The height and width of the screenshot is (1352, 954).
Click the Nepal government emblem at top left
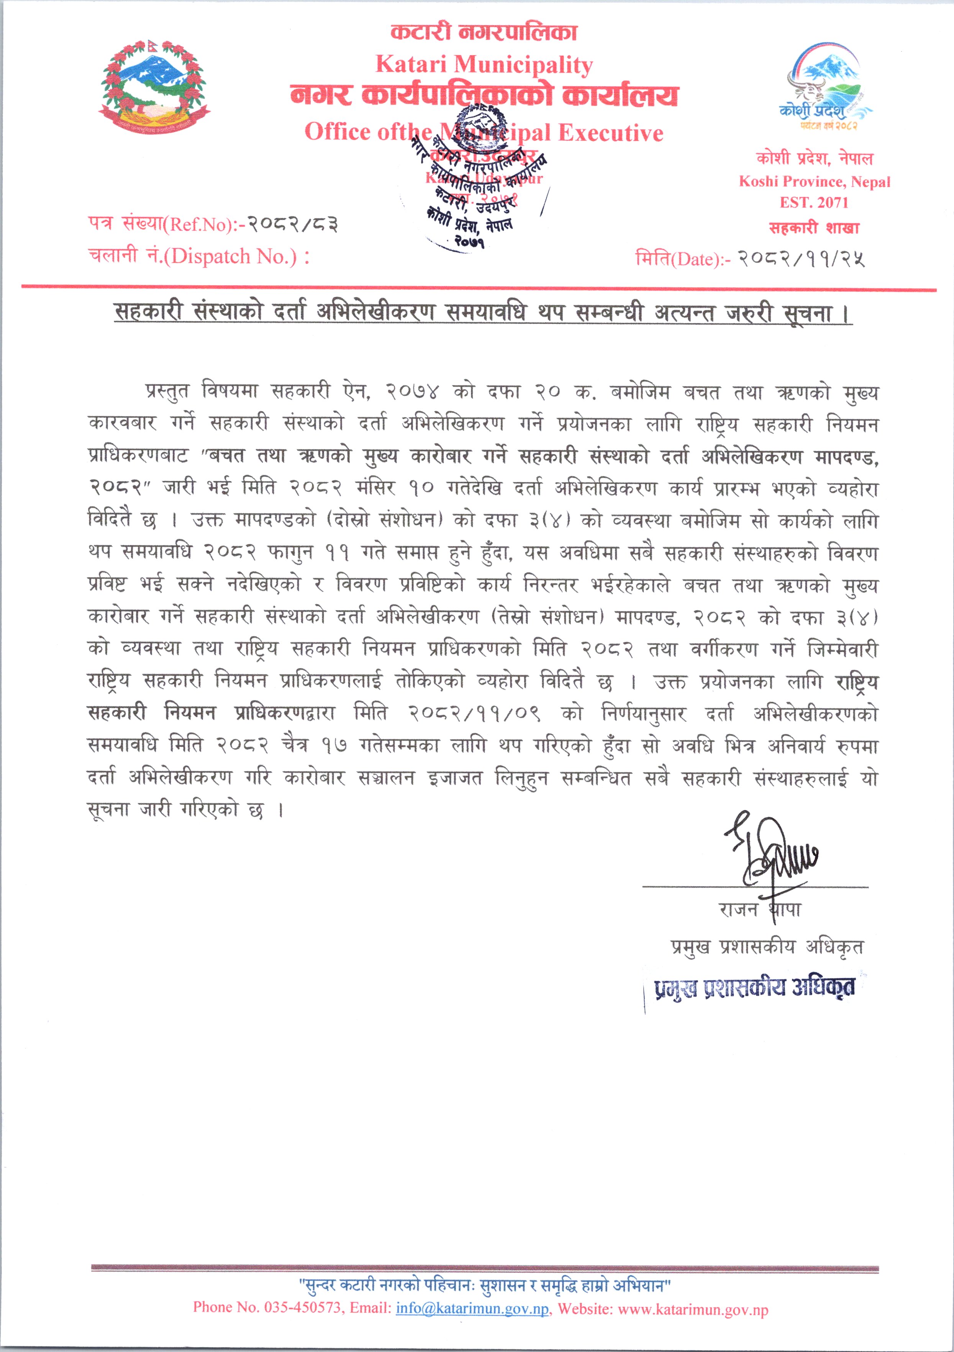pyautogui.click(x=154, y=87)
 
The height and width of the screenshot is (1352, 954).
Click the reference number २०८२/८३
pyautogui.click(x=292, y=224)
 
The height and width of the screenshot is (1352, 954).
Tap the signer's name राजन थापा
pyautogui.click(x=759, y=910)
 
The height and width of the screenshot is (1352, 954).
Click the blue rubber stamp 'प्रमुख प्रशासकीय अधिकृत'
pyautogui.click(x=754, y=989)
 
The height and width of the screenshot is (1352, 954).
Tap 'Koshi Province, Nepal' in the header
pyautogui.click(x=815, y=181)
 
